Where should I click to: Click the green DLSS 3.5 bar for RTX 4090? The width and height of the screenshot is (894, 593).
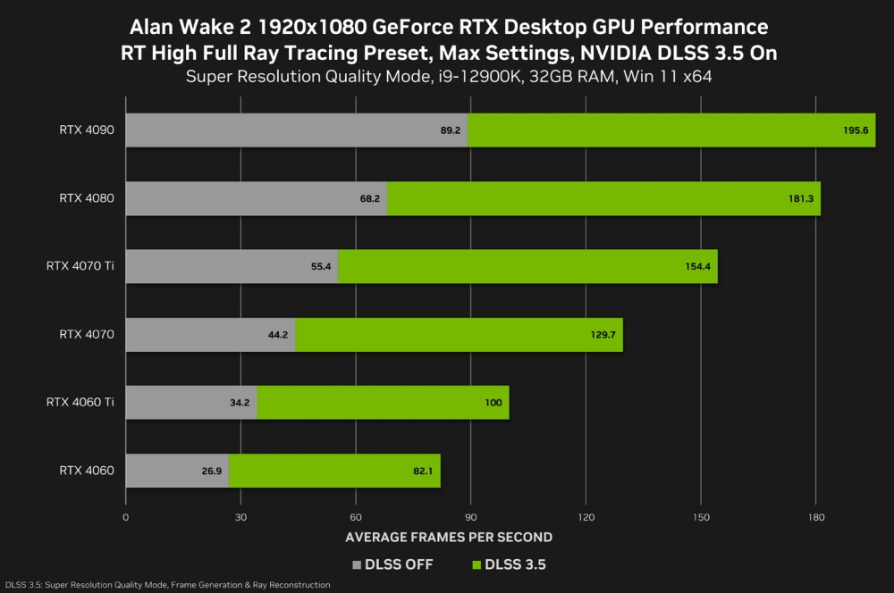point(670,129)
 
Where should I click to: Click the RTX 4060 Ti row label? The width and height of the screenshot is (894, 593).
point(80,403)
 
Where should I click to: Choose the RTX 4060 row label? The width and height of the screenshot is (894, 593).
point(86,471)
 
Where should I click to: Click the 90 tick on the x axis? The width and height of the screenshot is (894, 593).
point(470,517)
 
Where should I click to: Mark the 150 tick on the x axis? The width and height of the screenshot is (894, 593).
point(700,517)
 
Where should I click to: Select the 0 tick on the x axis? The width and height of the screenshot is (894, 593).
point(125,517)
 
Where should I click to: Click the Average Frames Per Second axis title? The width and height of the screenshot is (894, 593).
point(448,538)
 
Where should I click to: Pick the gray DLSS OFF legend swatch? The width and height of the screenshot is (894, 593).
point(358,564)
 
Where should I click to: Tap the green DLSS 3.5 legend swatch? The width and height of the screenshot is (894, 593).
point(475,564)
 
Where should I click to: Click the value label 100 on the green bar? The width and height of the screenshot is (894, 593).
point(493,403)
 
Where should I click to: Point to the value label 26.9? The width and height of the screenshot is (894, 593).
point(211,471)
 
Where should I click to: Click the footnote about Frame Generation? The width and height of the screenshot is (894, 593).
point(167,585)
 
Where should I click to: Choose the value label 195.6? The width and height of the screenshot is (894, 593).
point(855,129)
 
